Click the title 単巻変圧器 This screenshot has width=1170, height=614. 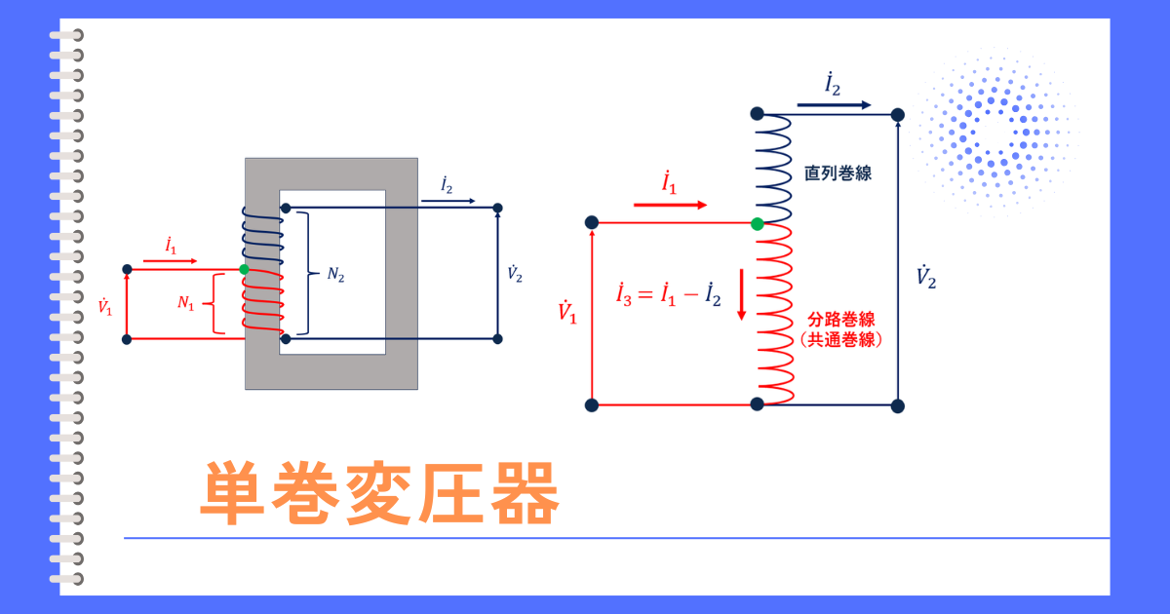coord(379,493)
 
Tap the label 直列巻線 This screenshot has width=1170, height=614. coord(838,173)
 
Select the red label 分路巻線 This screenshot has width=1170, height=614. coord(840,319)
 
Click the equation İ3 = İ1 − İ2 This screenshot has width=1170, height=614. coord(669,294)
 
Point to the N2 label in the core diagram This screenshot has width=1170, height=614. coord(335,275)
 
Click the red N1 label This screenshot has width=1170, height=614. coord(186,303)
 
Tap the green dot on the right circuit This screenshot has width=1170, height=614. coord(758,224)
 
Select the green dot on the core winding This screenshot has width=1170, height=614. coord(244,269)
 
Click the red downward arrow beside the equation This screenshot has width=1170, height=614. coord(741,294)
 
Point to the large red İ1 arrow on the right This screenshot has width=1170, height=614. coord(670,206)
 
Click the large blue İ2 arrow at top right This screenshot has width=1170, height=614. coord(834,105)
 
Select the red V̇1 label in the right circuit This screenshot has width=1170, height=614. coord(567,312)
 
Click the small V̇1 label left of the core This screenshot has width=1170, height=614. coord(105,307)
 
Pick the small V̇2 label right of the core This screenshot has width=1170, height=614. coord(515,274)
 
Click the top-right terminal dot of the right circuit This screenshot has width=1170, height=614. coord(897,115)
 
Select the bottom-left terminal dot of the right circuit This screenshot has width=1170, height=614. coord(591,405)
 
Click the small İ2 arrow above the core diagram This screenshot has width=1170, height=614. coord(448,201)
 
